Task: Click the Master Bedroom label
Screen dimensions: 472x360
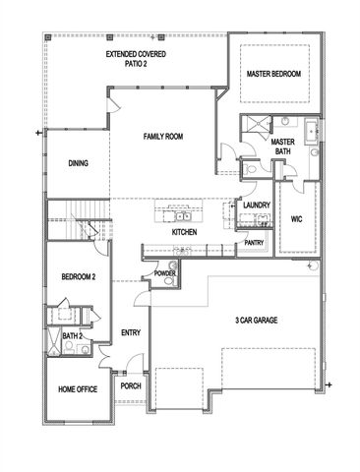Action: tap(272, 74)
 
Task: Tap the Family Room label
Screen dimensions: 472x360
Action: tap(164, 137)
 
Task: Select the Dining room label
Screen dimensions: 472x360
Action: tap(79, 164)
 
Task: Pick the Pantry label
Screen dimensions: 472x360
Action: tap(254, 242)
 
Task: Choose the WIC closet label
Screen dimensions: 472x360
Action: tap(296, 219)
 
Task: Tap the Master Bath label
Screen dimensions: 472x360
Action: tap(284, 147)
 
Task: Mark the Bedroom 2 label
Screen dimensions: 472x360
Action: tap(79, 277)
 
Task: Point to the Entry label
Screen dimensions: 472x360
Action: tap(130, 332)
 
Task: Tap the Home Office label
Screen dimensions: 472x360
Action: tap(78, 390)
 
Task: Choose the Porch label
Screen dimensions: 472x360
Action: tap(130, 386)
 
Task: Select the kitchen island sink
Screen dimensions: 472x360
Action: tap(182, 215)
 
